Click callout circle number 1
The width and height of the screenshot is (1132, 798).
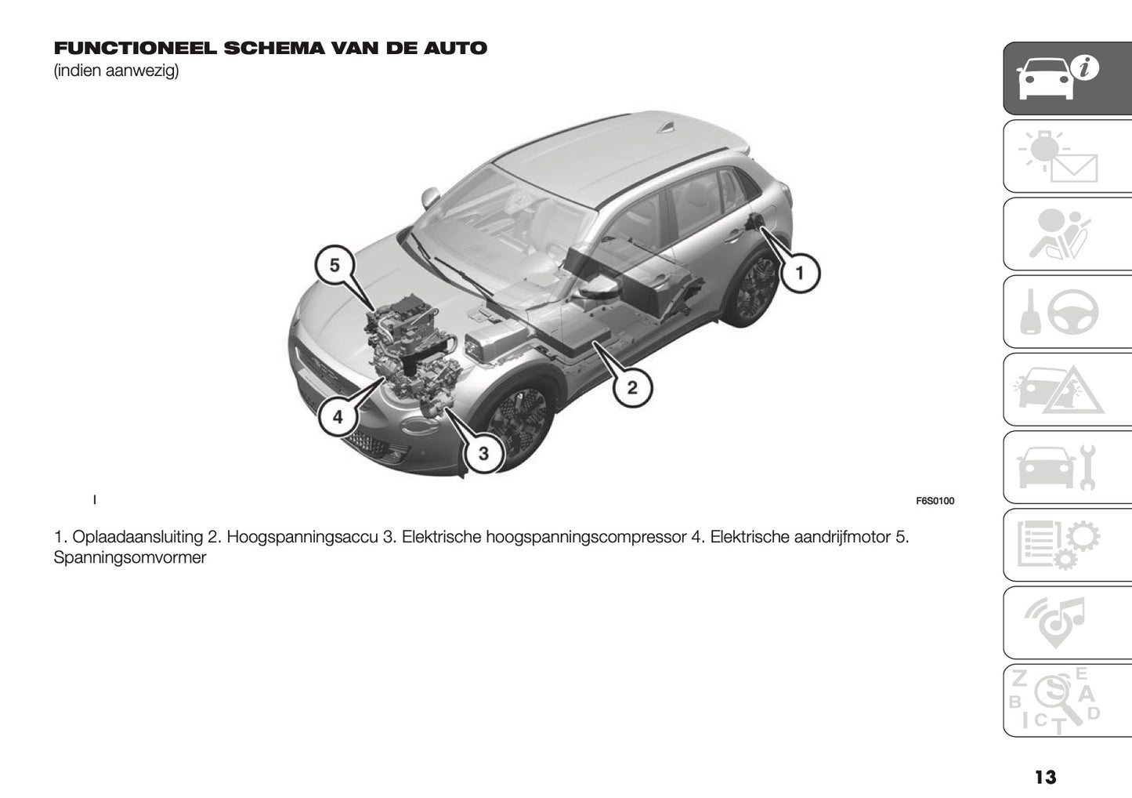pos(798,274)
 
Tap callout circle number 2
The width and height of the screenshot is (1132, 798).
pos(631,386)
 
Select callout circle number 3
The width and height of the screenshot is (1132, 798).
pos(483,453)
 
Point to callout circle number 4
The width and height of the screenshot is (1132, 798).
pos(338,417)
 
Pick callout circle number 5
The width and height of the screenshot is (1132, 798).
pos(335,266)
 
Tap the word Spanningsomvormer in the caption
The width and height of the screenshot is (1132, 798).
pos(130,558)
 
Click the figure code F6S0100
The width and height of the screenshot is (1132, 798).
pos(935,501)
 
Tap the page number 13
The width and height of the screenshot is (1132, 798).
pos(1044,777)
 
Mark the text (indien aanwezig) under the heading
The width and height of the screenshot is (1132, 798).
pos(116,72)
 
